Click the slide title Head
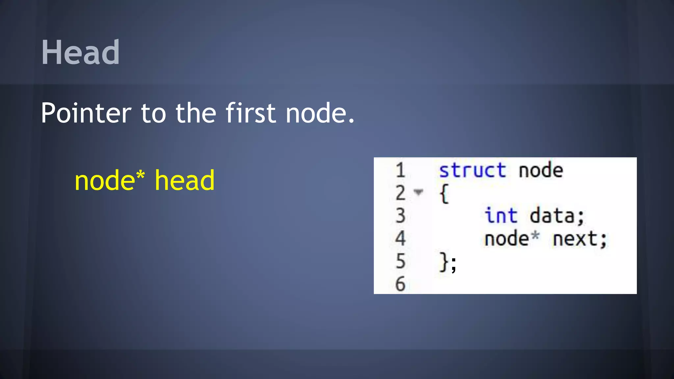click(80, 52)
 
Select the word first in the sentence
click(250, 113)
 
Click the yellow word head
click(184, 180)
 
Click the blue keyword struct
click(473, 170)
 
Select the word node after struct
click(541, 170)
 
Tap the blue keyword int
click(501, 216)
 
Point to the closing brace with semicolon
click(448, 262)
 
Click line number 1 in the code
click(400, 170)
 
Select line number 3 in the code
click(400, 216)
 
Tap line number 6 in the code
click(400, 284)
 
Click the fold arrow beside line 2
click(418, 192)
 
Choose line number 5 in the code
click(400, 261)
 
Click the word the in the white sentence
click(195, 113)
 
